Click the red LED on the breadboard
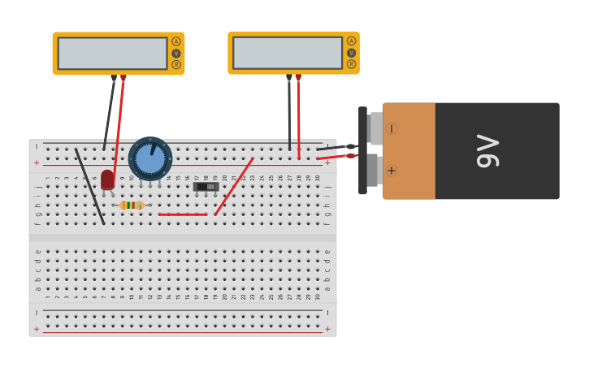pos(107,180)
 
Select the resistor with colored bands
pos(131,206)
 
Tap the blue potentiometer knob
pos(150,158)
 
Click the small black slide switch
pos(206,187)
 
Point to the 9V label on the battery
pos(487,151)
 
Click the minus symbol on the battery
pos(392,128)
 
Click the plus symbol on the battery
pos(392,171)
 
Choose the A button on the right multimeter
pos(351,41)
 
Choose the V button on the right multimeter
pos(351,52)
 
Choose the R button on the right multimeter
pos(351,63)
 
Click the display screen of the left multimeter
pos(112,54)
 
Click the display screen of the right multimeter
pos(288,53)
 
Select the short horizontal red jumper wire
pos(183,214)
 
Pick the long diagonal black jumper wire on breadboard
pos(90,187)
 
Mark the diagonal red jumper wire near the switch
pos(234,187)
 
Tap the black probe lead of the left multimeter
pos(110,114)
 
